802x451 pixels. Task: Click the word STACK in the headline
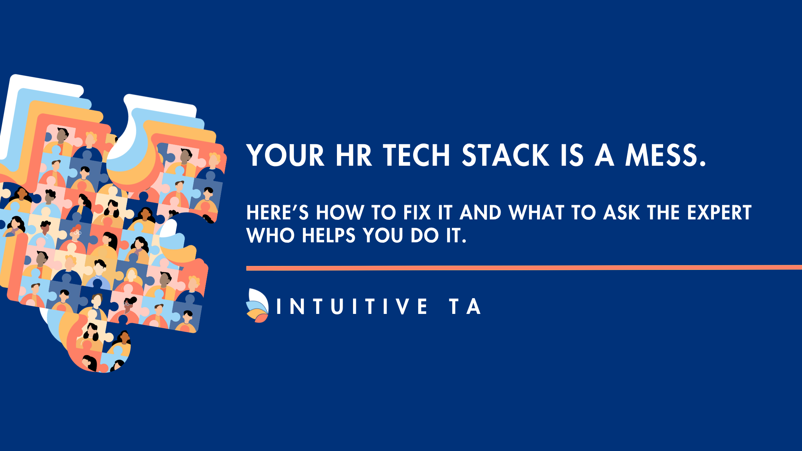506,155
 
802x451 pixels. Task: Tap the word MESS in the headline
661,155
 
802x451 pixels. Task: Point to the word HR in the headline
354,155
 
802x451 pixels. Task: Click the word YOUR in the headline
285,155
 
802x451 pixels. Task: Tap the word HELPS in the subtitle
329,236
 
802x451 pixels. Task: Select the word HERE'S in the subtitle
277,213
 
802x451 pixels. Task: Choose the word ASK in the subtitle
621,213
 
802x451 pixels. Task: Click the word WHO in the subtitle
271,236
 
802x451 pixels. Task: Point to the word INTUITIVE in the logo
352,306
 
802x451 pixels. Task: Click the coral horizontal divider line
524,268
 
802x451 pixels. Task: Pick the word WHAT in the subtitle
536,213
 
